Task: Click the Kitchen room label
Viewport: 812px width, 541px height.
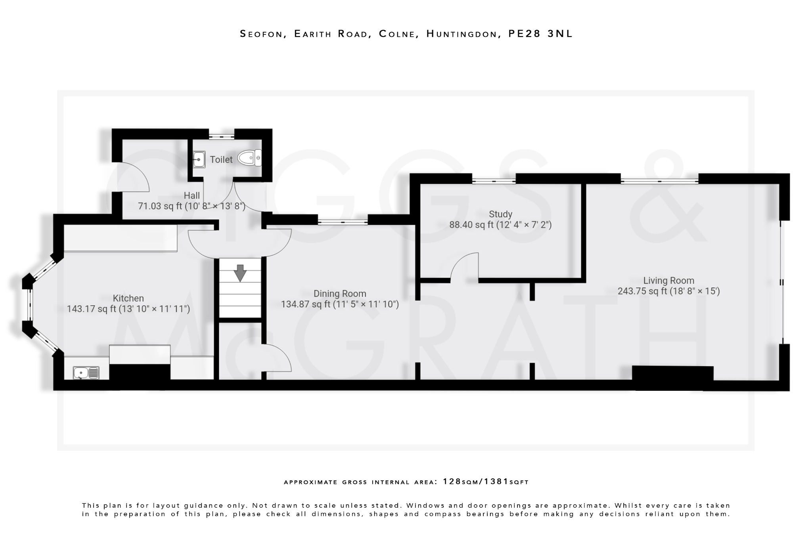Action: click(128, 298)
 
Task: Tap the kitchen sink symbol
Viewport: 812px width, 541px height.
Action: click(86, 373)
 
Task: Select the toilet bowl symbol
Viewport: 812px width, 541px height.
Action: click(249, 158)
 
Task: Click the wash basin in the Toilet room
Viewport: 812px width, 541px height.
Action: click(199, 159)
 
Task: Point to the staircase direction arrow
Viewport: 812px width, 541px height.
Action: click(240, 273)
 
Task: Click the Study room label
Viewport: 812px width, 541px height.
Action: click(500, 214)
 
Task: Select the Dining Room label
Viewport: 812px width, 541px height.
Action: click(340, 294)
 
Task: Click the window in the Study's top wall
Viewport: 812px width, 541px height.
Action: click(494, 181)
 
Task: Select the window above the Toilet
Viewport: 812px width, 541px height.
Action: click(221, 136)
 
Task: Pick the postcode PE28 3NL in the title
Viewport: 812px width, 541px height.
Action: click(540, 34)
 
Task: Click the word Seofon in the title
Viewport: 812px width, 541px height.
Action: click(263, 34)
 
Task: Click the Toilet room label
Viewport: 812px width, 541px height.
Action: click(221, 159)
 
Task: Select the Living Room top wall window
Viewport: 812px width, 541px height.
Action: click(659, 181)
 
